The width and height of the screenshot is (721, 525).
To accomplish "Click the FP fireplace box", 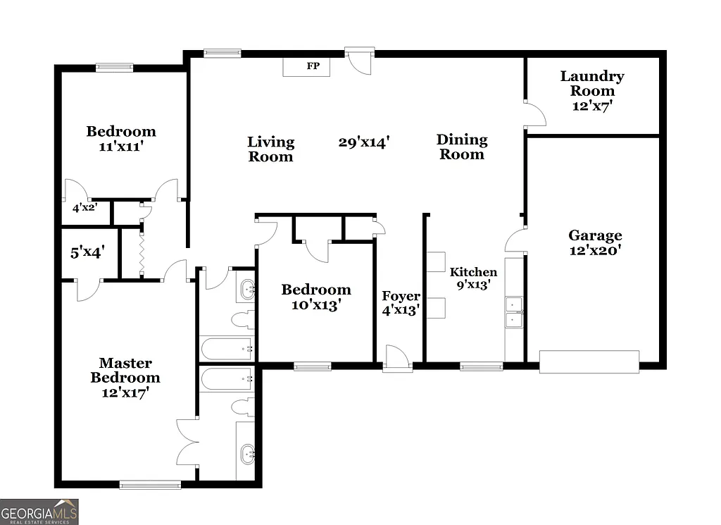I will point(313,67).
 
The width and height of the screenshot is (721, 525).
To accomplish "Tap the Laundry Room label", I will point(592,83).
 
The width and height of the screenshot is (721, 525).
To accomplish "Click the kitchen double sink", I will point(514,313).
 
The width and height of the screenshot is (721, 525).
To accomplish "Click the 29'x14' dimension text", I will point(364,142).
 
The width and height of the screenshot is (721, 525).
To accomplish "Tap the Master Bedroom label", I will point(125,370).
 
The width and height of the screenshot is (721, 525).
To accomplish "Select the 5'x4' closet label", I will point(88,251).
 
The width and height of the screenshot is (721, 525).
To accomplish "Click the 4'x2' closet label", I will point(84,208).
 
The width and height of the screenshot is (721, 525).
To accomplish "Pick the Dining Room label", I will point(462,147).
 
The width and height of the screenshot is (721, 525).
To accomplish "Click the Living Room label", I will point(270,149).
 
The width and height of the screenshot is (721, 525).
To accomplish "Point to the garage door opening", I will point(589,362).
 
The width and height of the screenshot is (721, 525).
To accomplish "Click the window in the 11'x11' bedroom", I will point(114,68).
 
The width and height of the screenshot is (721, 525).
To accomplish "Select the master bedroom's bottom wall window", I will point(150,485).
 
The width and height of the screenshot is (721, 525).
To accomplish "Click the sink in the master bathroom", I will point(247,453).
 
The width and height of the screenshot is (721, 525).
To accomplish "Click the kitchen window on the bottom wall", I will point(481,366).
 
